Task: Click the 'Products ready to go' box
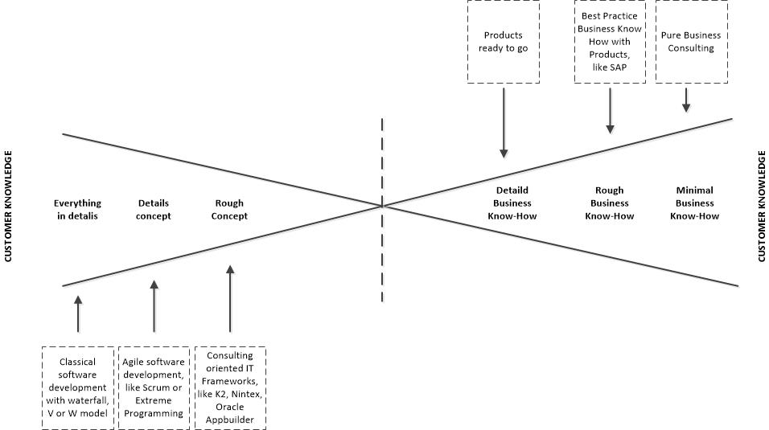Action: (x=504, y=41)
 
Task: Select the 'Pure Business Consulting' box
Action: (x=691, y=41)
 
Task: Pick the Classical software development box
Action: (x=78, y=387)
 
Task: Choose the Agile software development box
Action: (x=154, y=387)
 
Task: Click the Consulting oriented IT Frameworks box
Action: (x=230, y=387)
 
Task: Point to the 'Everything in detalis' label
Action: (x=78, y=210)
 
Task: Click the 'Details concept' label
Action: (x=154, y=210)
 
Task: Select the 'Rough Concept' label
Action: (x=229, y=210)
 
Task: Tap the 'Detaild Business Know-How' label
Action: (x=512, y=203)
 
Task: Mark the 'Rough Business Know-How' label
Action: (x=609, y=203)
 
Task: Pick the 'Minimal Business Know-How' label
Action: (x=694, y=203)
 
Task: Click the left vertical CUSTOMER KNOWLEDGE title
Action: (x=9, y=206)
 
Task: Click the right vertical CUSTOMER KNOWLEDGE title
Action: (x=760, y=206)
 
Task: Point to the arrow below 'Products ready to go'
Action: (x=504, y=121)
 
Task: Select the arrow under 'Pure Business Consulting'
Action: (x=686, y=99)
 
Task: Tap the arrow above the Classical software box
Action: (x=78, y=313)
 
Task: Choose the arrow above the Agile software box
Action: (x=154, y=305)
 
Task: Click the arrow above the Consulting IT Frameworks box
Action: (x=230, y=299)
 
